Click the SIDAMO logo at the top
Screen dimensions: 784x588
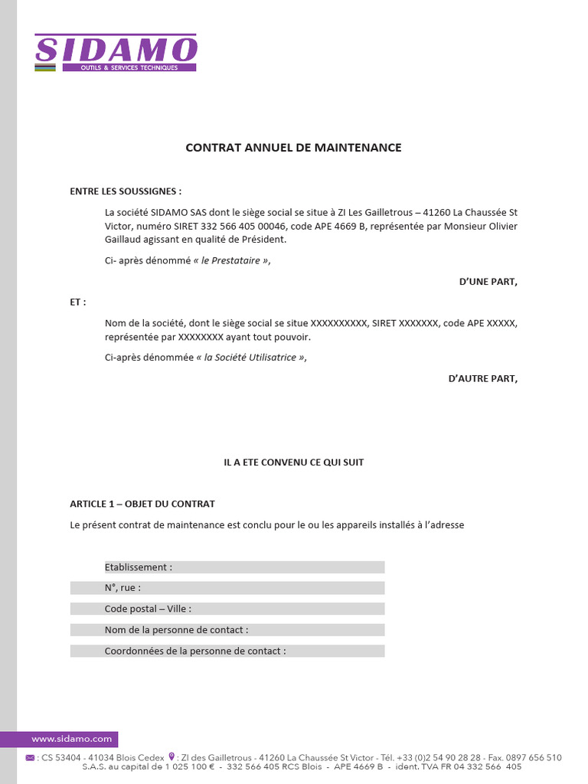point(116,52)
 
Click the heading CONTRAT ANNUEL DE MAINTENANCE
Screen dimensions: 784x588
point(293,148)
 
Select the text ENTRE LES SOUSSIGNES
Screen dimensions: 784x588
point(125,191)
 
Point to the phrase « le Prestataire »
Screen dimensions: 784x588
point(231,260)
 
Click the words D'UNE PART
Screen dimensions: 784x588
point(488,282)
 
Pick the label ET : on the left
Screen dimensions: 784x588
point(78,302)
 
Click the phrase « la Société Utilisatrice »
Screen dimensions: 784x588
point(250,358)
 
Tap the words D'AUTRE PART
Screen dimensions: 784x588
point(482,378)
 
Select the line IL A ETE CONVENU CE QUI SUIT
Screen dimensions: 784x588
point(293,462)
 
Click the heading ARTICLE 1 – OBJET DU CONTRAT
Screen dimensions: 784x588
point(142,504)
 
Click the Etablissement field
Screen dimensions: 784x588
point(244,567)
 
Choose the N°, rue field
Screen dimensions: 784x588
point(227,588)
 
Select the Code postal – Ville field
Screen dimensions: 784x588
point(227,609)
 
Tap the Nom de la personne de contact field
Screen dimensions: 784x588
point(227,630)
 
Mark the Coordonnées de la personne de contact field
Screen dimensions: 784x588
point(227,651)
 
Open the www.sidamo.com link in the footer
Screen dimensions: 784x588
point(71,739)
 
